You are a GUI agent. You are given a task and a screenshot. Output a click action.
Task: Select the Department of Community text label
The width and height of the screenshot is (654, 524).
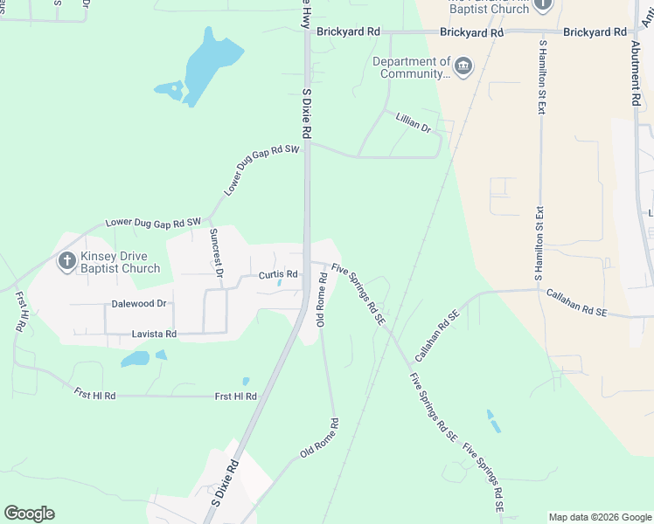[x=411, y=68]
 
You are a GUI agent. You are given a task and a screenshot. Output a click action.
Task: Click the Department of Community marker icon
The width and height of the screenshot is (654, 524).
[x=463, y=65]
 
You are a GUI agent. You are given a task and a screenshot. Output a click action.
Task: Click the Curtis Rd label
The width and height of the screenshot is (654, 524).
[x=279, y=274]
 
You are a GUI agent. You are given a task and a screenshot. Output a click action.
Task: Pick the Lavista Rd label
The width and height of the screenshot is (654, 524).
[x=154, y=334]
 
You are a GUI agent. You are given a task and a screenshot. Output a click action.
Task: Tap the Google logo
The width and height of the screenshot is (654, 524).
[x=29, y=513]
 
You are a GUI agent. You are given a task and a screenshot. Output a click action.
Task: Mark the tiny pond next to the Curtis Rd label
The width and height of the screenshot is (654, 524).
[x=279, y=283]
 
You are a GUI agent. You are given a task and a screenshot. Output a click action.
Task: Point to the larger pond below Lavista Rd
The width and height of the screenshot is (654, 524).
[x=136, y=358]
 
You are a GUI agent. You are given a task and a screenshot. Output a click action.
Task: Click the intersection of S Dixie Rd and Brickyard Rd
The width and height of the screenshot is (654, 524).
[x=306, y=32]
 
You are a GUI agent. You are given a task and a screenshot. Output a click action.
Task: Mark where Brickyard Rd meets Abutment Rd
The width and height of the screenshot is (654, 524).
[x=635, y=32]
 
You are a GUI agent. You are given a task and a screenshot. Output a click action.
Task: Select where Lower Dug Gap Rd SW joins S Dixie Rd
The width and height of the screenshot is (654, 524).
[x=306, y=143]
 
